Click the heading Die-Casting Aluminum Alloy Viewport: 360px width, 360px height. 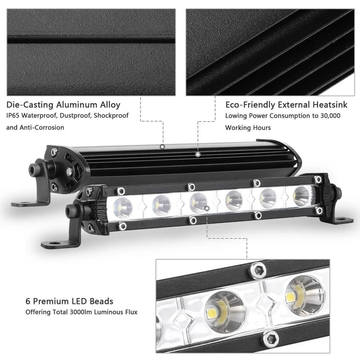[63, 105]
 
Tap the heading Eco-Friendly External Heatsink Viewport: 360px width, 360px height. [286, 105]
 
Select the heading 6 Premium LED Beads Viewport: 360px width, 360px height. [69, 301]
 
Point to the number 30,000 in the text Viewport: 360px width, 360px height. [328, 116]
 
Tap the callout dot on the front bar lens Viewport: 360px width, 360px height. [207, 208]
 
